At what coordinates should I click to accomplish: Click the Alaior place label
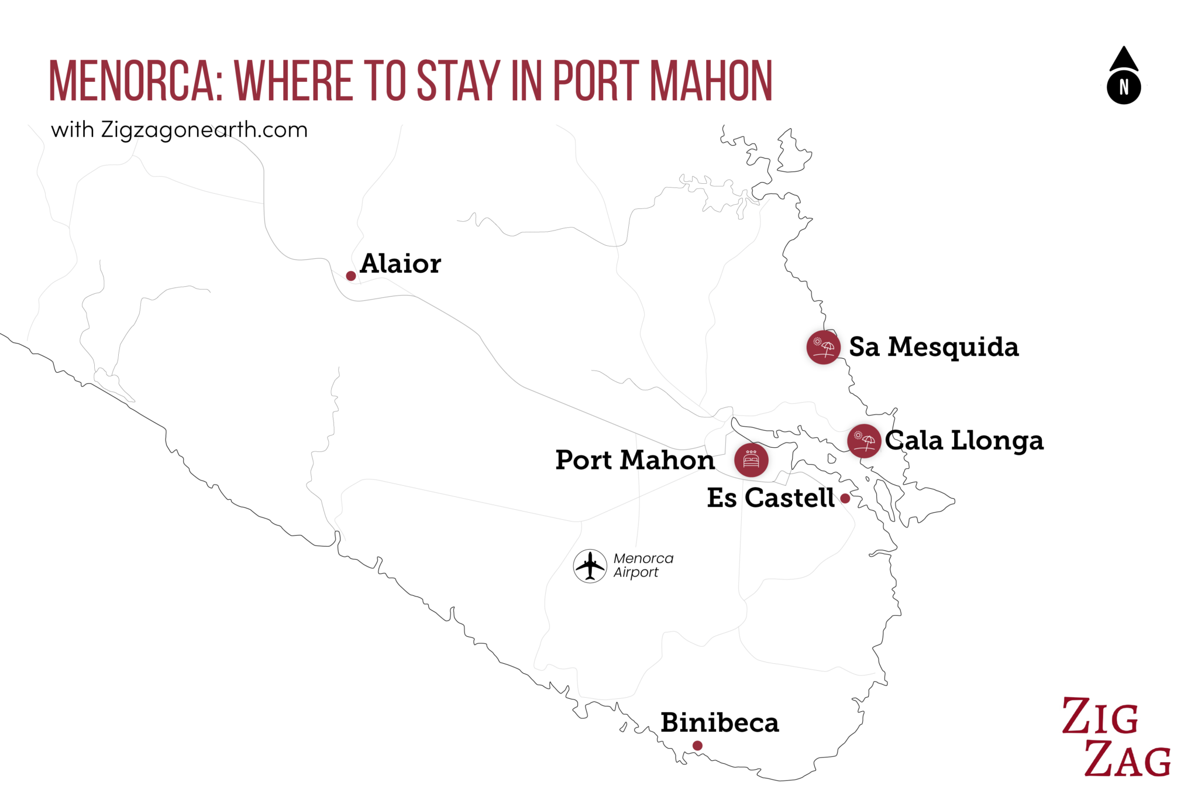click(x=400, y=264)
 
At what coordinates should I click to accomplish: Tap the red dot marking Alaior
click(x=351, y=276)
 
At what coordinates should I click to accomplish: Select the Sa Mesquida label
click(x=934, y=347)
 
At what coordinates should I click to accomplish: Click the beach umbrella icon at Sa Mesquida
click(x=824, y=347)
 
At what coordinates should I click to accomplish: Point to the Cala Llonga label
click(x=964, y=441)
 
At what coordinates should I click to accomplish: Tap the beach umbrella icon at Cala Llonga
click(x=864, y=441)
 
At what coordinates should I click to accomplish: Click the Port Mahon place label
click(x=635, y=460)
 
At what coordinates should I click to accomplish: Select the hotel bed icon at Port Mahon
click(x=751, y=460)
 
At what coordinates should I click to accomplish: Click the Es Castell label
click(x=770, y=498)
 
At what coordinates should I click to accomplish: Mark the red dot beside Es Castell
click(x=845, y=499)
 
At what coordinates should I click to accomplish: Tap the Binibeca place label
click(x=720, y=723)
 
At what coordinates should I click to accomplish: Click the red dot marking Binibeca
click(x=697, y=746)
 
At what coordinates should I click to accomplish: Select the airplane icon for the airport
click(x=590, y=566)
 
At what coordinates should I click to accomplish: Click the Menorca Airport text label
click(x=643, y=565)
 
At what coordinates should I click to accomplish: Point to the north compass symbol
click(x=1124, y=77)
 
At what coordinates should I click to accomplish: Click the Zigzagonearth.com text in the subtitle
click(x=204, y=130)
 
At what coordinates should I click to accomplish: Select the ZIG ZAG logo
click(x=1116, y=738)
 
